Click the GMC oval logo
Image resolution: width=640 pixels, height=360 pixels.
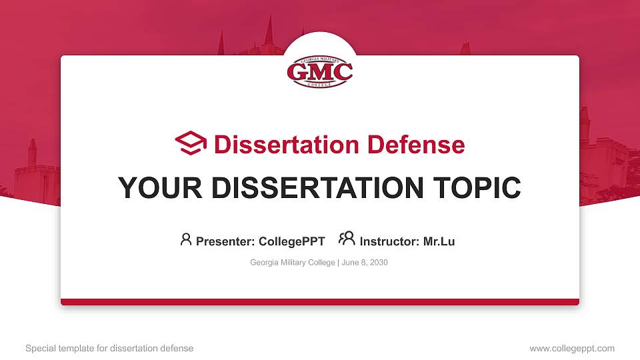point(320,71)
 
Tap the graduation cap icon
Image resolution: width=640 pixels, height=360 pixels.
point(191,144)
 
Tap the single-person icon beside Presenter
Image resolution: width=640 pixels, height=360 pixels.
point(186,239)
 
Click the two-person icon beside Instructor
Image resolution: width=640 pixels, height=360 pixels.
point(347,239)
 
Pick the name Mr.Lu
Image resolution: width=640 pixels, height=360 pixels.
point(439,241)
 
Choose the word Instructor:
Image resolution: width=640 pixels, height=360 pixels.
point(389,241)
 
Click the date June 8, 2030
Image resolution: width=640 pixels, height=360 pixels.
point(365,263)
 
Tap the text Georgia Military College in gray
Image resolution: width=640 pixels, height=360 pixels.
point(293,263)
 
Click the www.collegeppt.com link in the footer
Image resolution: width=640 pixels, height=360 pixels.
point(572,348)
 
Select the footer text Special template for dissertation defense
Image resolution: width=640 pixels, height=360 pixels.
point(109,348)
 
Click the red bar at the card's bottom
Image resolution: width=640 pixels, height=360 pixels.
point(320,302)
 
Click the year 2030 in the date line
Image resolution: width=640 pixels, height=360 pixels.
point(378,263)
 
